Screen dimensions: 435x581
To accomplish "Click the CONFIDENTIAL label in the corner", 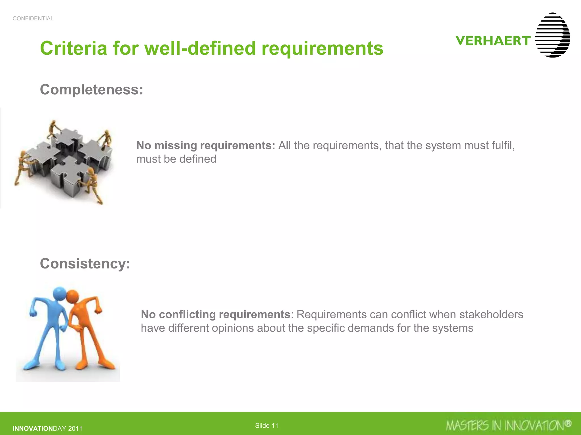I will (x=33, y=19).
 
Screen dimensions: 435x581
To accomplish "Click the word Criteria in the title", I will (x=73, y=48).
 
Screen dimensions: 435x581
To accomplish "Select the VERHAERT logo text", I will (x=493, y=41).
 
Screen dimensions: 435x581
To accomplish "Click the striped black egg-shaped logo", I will (x=552, y=35).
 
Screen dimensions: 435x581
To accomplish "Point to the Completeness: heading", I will (x=92, y=89).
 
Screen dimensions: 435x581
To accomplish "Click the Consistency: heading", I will (x=85, y=264).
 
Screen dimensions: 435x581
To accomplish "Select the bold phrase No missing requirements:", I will (x=206, y=146).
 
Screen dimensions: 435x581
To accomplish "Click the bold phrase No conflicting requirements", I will (x=215, y=315).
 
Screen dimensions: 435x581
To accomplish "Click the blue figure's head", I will (x=60, y=294).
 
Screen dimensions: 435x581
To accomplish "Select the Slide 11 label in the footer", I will (x=267, y=426).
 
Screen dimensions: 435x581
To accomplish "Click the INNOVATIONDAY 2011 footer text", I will (x=47, y=428).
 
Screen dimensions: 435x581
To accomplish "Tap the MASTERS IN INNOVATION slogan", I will (x=505, y=426).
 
